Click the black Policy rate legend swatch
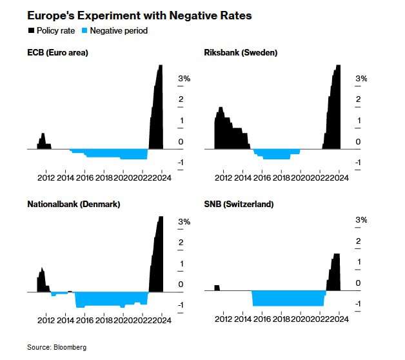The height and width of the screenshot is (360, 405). point(30,30)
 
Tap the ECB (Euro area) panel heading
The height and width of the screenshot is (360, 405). point(57,53)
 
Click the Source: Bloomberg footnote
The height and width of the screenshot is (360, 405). point(57,347)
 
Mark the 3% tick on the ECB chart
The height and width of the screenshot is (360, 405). point(184,78)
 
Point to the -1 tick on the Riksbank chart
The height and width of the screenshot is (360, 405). point(361,163)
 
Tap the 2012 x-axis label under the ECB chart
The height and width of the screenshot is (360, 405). point(46,177)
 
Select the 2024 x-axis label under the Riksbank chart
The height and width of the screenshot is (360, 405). point(340,177)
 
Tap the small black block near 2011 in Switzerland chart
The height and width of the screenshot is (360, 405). point(217,288)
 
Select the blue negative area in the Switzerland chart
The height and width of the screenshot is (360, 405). point(287,298)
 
